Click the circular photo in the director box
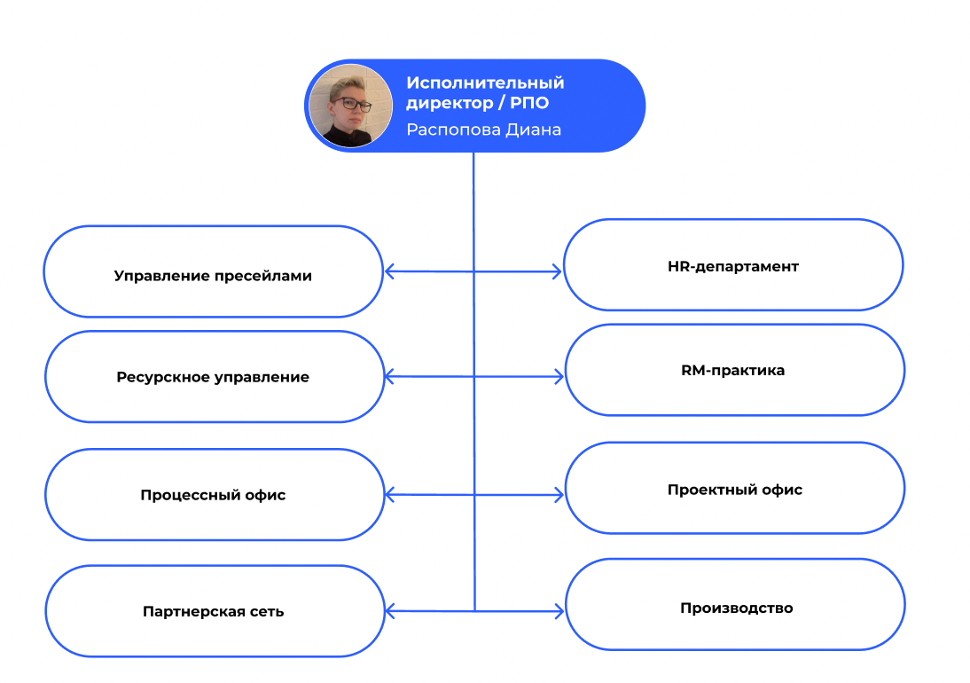(x=349, y=106)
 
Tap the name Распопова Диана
(x=483, y=130)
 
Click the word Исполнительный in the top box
(x=485, y=82)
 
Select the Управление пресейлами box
(x=213, y=275)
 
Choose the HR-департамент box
(x=732, y=266)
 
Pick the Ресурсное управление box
(x=213, y=377)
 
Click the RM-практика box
(x=734, y=370)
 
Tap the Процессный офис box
(x=213, y=495)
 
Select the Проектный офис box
(x=734, y=490)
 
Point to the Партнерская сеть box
(x=213, y=611)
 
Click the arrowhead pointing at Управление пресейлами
(x=389, y=272)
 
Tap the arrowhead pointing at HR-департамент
(x=558, y=272)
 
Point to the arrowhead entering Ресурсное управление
(x=390, y=377)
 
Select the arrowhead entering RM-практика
(x=559, y=377)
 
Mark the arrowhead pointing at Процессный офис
(x=390, y=494)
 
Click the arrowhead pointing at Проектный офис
(x=559, y=494)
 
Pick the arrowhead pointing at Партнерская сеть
(x=390, y=610)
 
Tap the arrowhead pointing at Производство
(x=559, y=610)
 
